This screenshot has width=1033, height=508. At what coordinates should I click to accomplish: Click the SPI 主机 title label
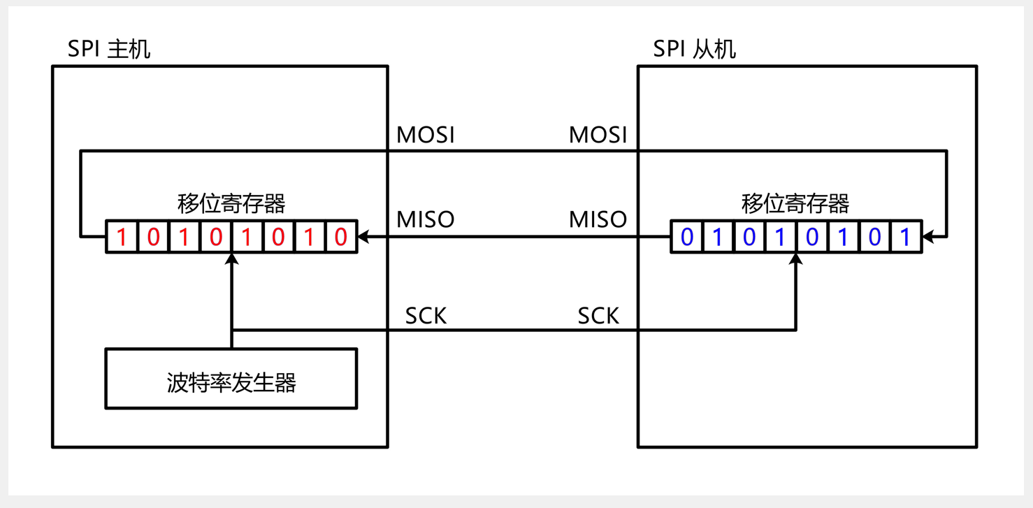pyautogui.click(x=108, y=50)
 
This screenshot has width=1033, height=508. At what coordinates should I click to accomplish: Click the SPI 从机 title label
pyautogui.click(x=694, y=50)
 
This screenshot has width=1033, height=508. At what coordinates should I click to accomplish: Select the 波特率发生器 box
pyautogui.click(x=231, y=379)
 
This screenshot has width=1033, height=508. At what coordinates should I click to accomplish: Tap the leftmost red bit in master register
pyautogui.click(x=122, y=238)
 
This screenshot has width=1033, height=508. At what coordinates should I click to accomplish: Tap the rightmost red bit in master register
pyautogui.click(x=340, y=238)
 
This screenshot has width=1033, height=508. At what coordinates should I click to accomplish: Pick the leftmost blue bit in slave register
pyautogui.click(x=687, y=238)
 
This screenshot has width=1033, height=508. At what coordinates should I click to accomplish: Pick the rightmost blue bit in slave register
pyautogui.click(x=905, y=238)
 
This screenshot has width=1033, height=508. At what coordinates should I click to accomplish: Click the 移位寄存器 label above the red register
pyautogui.click(x=231, y=204)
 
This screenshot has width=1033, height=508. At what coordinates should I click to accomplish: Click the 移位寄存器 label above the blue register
pyautogui.click(x=795, y=204)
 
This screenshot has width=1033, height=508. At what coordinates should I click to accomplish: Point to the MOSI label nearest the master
pyautogui.click(x=426, y=135)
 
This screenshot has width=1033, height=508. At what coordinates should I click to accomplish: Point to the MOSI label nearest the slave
pyautogui.click(x=598, y=135)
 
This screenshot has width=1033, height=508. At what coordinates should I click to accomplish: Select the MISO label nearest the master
pyautogui.click(x=426, y=219)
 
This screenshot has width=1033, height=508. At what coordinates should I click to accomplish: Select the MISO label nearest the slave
pyautogui.click(x=598, y=219)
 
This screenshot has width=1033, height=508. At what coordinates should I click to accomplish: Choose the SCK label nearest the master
pyautogui.click(x=426, y=317)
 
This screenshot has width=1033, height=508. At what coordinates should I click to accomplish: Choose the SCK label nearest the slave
pyautogui.click(x=598, y=317)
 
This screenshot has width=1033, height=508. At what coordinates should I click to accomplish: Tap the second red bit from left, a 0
pyautogui.click(x=154, y=238)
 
